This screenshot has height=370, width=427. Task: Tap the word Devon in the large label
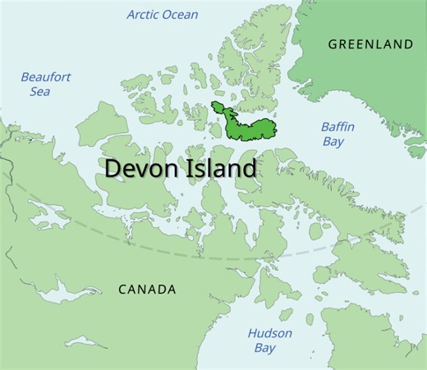tap(139, 169)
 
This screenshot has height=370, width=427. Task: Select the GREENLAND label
tap(370, 43)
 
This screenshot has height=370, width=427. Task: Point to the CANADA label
tap(147, 290)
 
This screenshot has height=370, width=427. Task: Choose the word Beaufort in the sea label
tap(46, 77)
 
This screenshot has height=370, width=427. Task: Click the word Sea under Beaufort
tap(39, 91)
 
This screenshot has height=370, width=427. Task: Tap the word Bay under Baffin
tap(335, 142)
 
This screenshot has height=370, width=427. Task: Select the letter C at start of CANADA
tap(123, 290)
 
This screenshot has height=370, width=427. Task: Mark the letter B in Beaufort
tap(25, 77)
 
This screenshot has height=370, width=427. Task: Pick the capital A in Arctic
tap(131, 14)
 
